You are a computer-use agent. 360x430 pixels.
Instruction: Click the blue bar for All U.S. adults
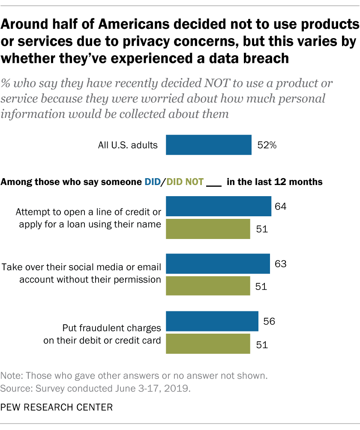[x=208, y=145]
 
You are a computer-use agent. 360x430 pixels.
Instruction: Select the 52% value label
[x=267, y=145]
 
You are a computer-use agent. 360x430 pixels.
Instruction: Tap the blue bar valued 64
[x=218, y=206]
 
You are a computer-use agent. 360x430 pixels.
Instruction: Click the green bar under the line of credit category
[x=208, y=229]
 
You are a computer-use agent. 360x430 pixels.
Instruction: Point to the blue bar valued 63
[x=218, y=263]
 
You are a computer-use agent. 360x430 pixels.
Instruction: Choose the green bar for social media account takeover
[x=208, y=286]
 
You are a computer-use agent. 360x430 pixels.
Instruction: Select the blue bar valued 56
[x=212, y=321]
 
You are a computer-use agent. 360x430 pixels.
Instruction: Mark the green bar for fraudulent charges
[x=208, y=344]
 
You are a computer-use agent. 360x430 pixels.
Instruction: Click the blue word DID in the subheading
[x=152, y=182]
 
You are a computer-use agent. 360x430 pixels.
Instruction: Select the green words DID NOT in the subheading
[x=184, y=182]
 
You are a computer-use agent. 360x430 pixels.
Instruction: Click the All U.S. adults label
[x=128, y=145]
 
